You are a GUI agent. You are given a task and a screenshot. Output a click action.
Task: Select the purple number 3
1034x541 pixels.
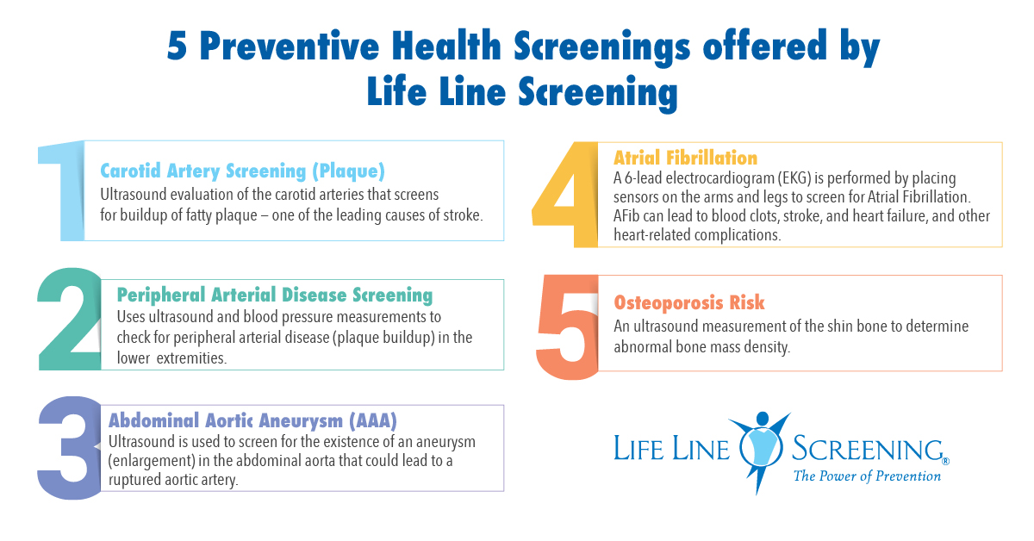pyautogui.click(x=69, y=448)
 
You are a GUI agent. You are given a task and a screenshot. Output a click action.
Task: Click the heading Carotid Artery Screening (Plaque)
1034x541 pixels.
pyautogui.click(x=242, y=171)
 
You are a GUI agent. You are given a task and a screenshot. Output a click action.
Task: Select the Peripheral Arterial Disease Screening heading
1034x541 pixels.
pyautogui.click(x=275, y=295)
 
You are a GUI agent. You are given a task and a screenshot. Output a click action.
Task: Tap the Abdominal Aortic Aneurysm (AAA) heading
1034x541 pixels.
pyautogui.click(x=252, y=420)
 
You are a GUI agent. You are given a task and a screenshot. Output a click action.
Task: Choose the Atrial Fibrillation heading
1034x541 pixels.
pyautogui.click(x=686, y=158)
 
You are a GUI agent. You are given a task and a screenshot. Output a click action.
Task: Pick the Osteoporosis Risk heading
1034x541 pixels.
pyautogui.click(x=689, y=303)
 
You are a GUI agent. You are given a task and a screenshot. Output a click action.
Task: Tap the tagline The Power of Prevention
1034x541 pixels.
pyautogui.click(x=867, y=476)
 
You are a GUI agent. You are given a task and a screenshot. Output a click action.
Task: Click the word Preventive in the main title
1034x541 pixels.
pyautogui.click(x=290, y=47)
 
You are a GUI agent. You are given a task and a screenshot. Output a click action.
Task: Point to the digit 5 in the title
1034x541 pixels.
pyautogui.click(x=177, y=47)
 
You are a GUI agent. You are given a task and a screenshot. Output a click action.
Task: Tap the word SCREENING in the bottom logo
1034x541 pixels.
pyautogui.click(x=868, y=449)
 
